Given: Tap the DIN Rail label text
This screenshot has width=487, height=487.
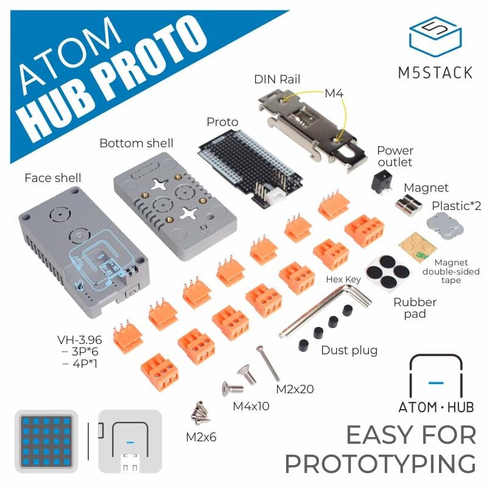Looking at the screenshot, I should [277, 79].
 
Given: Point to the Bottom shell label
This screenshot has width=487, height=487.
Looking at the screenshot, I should [136, 144].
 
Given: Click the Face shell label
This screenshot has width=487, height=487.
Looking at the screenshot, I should [53, 178].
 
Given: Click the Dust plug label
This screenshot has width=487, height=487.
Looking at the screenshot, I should [349, 350].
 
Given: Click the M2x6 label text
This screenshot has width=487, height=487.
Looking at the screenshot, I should [201, 436].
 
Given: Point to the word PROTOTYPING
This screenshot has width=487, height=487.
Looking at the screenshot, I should [380, 464].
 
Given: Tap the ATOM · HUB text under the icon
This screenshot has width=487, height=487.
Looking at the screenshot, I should [435, 407].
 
